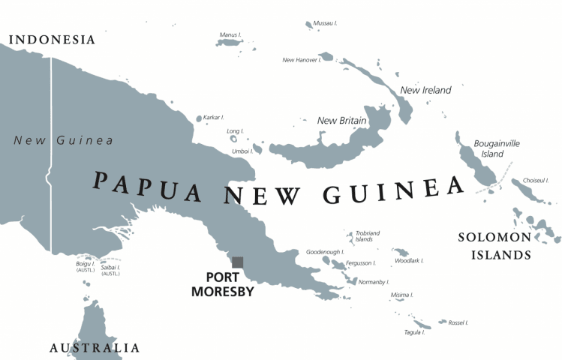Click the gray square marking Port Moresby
click(237, 262)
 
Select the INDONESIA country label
click(52, 40)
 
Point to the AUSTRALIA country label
click(95, 347)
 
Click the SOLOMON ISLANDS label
click(494, 246)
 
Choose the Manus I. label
click(230, 34)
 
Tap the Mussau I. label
click(325, 24)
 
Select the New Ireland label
click(425, 90)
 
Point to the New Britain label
click(341, 120)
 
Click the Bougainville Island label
click(496, 148)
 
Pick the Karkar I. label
click(214, 117)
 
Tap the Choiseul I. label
click(536, 181)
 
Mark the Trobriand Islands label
click(364, 235)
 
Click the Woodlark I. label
click(409, 260)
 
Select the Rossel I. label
click(458, 322)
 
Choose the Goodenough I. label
click(326, 252)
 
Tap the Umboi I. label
click(241, 151)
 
